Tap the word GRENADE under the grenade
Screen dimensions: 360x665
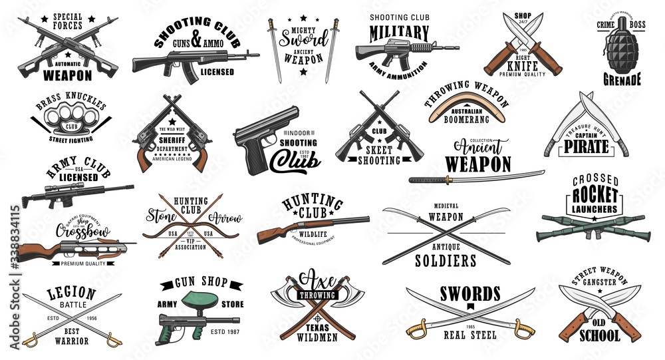coord(622,81)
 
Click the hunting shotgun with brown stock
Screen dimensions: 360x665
coord(313,226)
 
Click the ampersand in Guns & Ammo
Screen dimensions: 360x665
coord(196,40)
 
